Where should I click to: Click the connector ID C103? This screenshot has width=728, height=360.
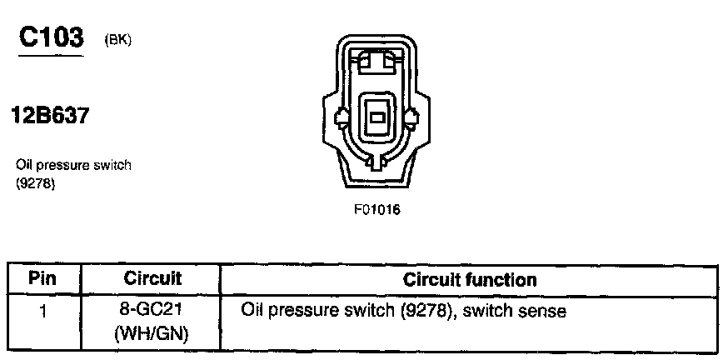point(51,38)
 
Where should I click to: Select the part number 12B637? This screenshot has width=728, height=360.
point(49,116)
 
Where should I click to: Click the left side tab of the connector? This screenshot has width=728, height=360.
point(341,117)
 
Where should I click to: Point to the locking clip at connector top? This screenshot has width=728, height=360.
point(377,61)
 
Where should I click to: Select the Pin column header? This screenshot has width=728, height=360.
point(42,278)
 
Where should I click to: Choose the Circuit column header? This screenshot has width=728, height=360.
point(152,278)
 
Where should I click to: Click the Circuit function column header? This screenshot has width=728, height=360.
point(470,279)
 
